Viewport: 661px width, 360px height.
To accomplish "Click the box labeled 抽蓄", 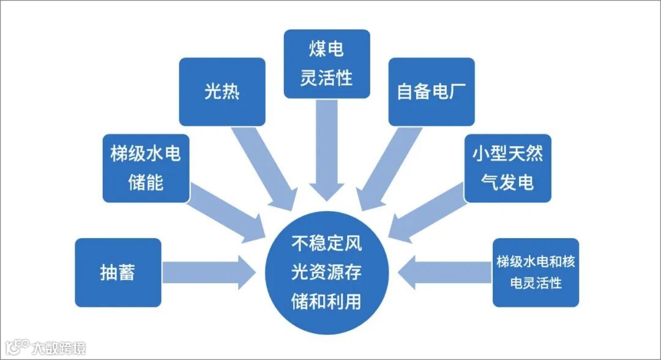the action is click(118, 272).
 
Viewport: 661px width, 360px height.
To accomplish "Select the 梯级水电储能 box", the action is click(146, 168).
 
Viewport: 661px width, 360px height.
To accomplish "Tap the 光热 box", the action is click(222, 92).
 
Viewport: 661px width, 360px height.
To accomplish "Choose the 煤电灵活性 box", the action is click(327, 64).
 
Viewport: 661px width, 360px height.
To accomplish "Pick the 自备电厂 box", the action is click(431, 92).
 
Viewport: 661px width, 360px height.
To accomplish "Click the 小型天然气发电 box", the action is click(507, 168).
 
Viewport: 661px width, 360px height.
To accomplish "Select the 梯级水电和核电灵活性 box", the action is click(536, 272).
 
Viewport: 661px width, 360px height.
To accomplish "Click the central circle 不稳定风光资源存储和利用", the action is click(327, 272).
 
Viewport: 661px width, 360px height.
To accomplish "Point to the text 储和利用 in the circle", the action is click(327, 302).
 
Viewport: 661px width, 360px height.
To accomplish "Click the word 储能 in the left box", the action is click(146, 182).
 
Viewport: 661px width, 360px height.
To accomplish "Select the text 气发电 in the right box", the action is click(507, 182).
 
